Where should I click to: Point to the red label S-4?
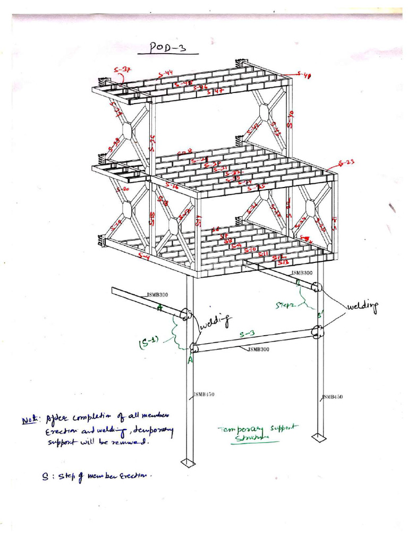click(x=143, y=257)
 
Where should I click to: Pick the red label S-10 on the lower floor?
click(x=251, y=250)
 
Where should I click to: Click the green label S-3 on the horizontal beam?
click(x=247, y=334)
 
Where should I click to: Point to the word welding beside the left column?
click(x=216, y=321)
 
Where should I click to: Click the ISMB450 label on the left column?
click(x=203, y=394)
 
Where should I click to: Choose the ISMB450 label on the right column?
click(x=333, y=397)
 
